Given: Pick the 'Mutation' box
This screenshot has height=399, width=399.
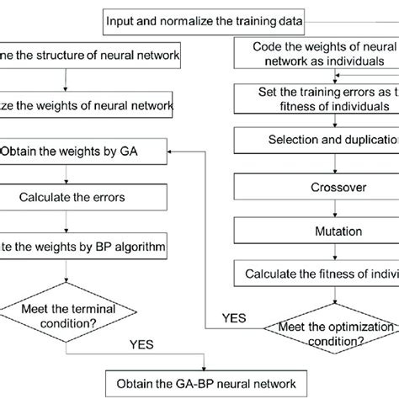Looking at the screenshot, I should pos(314,230).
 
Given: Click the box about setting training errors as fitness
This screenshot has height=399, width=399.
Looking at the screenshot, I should pos(314,99).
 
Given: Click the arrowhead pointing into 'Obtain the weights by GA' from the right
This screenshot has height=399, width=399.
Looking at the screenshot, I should pos(173,152).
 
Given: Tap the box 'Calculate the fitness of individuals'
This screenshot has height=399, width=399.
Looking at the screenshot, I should pos(314,273).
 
